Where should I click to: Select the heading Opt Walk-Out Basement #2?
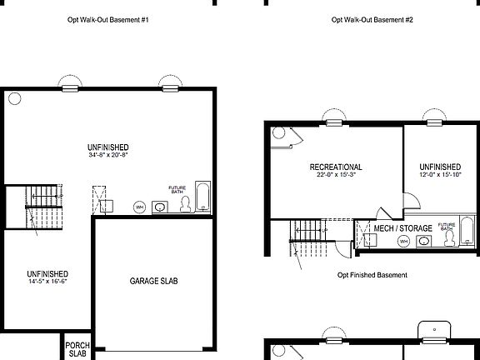372,19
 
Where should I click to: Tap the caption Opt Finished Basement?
372,274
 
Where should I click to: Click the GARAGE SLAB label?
153,281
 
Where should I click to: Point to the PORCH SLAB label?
77,348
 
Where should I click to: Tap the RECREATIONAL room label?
335,167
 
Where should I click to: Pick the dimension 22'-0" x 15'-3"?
335,176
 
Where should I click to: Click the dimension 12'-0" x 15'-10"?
440,176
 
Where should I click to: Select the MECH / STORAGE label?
402,227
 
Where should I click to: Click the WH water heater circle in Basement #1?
140,206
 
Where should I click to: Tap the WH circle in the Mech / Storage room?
402,242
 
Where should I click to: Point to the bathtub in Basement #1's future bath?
202,197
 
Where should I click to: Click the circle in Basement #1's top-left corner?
14,98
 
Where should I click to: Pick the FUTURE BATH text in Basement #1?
177,189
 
